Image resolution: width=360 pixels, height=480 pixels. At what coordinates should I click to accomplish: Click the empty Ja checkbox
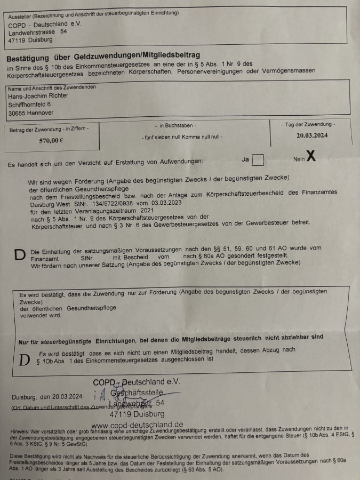coord(258,159)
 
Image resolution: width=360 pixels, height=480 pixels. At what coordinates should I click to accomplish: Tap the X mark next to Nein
coord(310,156)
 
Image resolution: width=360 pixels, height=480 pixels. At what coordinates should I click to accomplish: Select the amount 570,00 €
coord(51,141)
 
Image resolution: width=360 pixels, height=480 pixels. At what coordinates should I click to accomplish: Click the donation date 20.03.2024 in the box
coord(312,135)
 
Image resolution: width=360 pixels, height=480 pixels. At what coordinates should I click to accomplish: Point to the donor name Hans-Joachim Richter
coord(38,95)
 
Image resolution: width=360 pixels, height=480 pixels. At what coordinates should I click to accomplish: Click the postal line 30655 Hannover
coord(31,113)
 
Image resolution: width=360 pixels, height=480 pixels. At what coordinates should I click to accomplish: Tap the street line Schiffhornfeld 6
coord(30,105)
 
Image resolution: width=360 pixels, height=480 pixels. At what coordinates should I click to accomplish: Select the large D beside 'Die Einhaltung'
coord(19,255)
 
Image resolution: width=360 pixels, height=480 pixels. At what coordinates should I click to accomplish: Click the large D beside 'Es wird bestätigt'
coord(24,359)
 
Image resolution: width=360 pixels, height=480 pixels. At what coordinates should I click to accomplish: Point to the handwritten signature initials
coord(99,395)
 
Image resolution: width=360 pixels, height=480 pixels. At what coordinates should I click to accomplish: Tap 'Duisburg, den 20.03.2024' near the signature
coord(47,397)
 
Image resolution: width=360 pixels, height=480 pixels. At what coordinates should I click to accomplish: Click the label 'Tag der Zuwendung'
coord(308,124)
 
